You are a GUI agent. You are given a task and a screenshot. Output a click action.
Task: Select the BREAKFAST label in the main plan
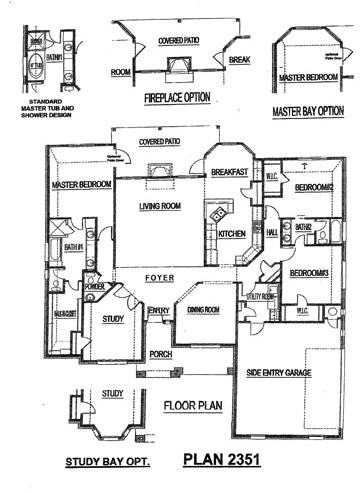click(x=229, y=172)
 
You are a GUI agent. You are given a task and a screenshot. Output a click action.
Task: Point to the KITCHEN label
click(x=232, y=234)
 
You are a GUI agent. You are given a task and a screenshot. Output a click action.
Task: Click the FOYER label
click(x=160, y=275)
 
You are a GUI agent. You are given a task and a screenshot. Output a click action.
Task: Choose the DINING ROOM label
click(x=204, y=310)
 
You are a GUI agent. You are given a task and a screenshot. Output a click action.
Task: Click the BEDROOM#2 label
click(x=312, y=189)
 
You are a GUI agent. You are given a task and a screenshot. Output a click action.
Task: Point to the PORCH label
click(x=160, y=353)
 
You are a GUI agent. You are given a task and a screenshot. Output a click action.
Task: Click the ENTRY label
click(x=159, y=312)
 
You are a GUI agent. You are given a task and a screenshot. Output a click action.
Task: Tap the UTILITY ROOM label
click(x=261, y=297)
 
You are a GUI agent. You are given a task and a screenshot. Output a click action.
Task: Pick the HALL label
click(x=271, y=233)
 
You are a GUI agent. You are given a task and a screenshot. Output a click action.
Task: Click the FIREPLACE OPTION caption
click(x=184, y=98)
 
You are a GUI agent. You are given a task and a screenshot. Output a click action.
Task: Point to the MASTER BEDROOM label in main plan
click(x=79, y=185)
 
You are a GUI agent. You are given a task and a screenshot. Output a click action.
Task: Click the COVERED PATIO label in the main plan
click(x=160, y=143)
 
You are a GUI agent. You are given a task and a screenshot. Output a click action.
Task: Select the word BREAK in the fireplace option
click(x=239, y=60)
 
